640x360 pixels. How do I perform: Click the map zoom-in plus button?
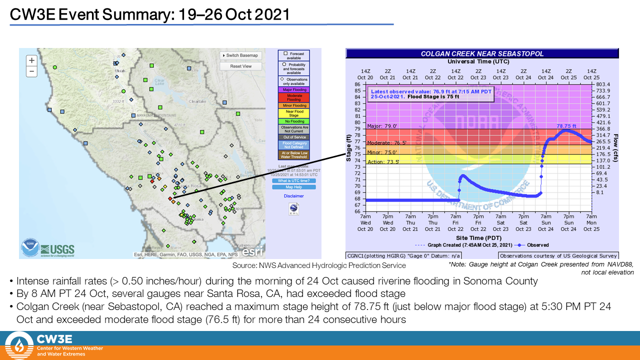pyautogui.click(x=31, y=60)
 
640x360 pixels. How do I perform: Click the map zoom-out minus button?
pyautogui.click(x=31, y=71)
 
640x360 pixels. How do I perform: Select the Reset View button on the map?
pyautogui.click(x=241, y=66)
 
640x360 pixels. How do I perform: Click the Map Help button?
pyautogui.click(x=293, y=187)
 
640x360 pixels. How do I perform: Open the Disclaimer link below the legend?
pyautogui.click(x=293, y=196)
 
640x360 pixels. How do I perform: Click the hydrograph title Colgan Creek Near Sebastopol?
pyautogui.click(x=482, y=54)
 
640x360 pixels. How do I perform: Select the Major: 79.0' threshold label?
pyautogui.click(x=381, y=126)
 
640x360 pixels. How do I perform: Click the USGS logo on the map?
pyautogui.click(x=57, y=249)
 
